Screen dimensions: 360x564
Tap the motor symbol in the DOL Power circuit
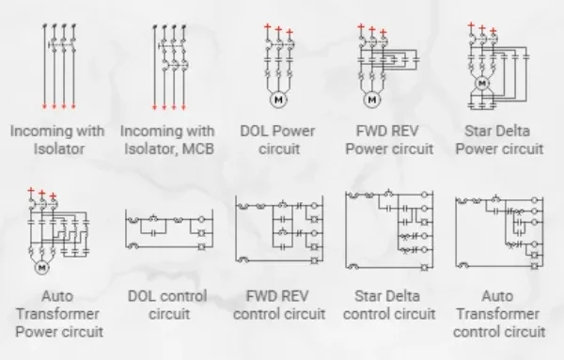click(x=278, y=98)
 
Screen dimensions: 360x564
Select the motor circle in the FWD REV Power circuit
click(x=371, y=98)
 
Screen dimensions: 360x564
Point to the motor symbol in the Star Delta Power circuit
click(x=483, y=85)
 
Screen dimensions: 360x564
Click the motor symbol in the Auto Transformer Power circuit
click(x=41, y=268)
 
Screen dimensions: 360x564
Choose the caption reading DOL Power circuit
click(x=279, y=139)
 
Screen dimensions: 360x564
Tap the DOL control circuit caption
click(x=166, y=305)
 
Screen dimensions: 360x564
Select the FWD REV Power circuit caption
click(x=389, y=139)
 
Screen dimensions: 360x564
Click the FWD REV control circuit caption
click(x=278, y=305)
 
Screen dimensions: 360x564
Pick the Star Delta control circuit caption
click(x=389, y=305)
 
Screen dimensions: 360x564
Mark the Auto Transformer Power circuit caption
click(x=57, y=313)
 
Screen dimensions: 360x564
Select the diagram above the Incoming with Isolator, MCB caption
click(x=166, y=61)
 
